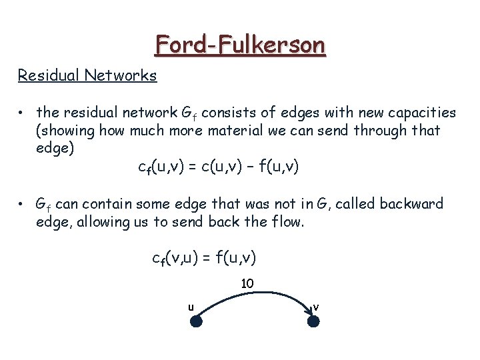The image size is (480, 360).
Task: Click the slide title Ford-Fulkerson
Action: [x=240, y=45]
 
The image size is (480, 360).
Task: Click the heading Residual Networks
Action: [x=87, y=75]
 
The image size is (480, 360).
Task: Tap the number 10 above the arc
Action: [x=247, y=283]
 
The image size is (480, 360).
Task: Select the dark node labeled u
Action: [x=196, y=321]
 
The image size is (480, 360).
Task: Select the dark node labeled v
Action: [x=314, y=321]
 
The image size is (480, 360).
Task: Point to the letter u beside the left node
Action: [x=191, y=307]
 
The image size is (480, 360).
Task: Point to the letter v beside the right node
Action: [x=316, y=307]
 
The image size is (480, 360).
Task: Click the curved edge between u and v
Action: [x=255, y=295]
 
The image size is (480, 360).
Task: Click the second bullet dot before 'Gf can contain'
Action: [x=22, y=203]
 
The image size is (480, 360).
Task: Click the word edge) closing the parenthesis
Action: [x=55, y=148]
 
